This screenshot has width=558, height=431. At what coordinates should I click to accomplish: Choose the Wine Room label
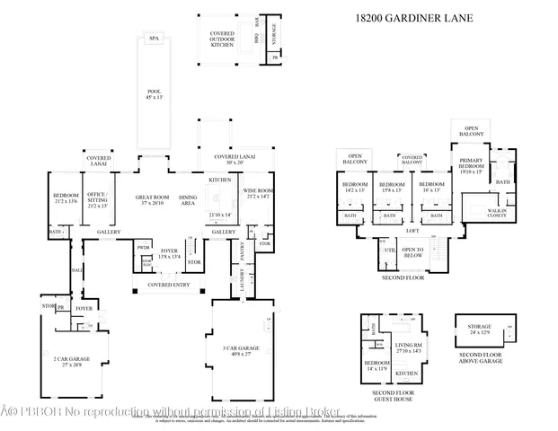point(259,193)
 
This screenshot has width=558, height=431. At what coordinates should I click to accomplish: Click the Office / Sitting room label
point(96,198)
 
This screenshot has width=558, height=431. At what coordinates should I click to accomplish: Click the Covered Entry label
point(168,285)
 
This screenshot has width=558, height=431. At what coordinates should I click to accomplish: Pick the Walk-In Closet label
point(496,213)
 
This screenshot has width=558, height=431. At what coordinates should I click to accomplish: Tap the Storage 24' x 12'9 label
point(480,330)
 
